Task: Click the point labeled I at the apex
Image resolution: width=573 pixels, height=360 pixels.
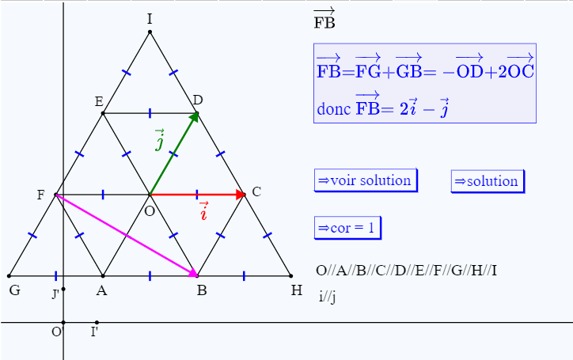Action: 150,32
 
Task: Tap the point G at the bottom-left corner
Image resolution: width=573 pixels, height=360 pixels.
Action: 9,276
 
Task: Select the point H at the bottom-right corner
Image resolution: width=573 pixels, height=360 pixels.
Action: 291,276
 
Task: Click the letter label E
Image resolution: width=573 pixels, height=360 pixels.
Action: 98,101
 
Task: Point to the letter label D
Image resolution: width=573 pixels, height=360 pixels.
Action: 198,100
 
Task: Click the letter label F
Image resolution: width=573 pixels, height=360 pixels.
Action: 40,195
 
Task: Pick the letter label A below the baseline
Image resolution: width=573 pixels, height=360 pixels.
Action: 101,290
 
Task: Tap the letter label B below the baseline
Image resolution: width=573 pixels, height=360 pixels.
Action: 202,290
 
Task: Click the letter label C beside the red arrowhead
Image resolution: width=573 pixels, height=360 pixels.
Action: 256,191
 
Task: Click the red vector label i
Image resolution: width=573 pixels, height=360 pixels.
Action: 203,211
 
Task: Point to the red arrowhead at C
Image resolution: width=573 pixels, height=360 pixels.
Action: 241,194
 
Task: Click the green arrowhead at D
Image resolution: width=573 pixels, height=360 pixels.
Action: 194,118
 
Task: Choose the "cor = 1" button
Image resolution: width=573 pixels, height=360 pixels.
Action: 347,228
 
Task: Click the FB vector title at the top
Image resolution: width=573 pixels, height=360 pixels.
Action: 324,19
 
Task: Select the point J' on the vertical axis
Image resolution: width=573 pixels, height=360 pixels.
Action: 63,290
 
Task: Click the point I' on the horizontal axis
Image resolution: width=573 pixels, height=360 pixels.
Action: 97,322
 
